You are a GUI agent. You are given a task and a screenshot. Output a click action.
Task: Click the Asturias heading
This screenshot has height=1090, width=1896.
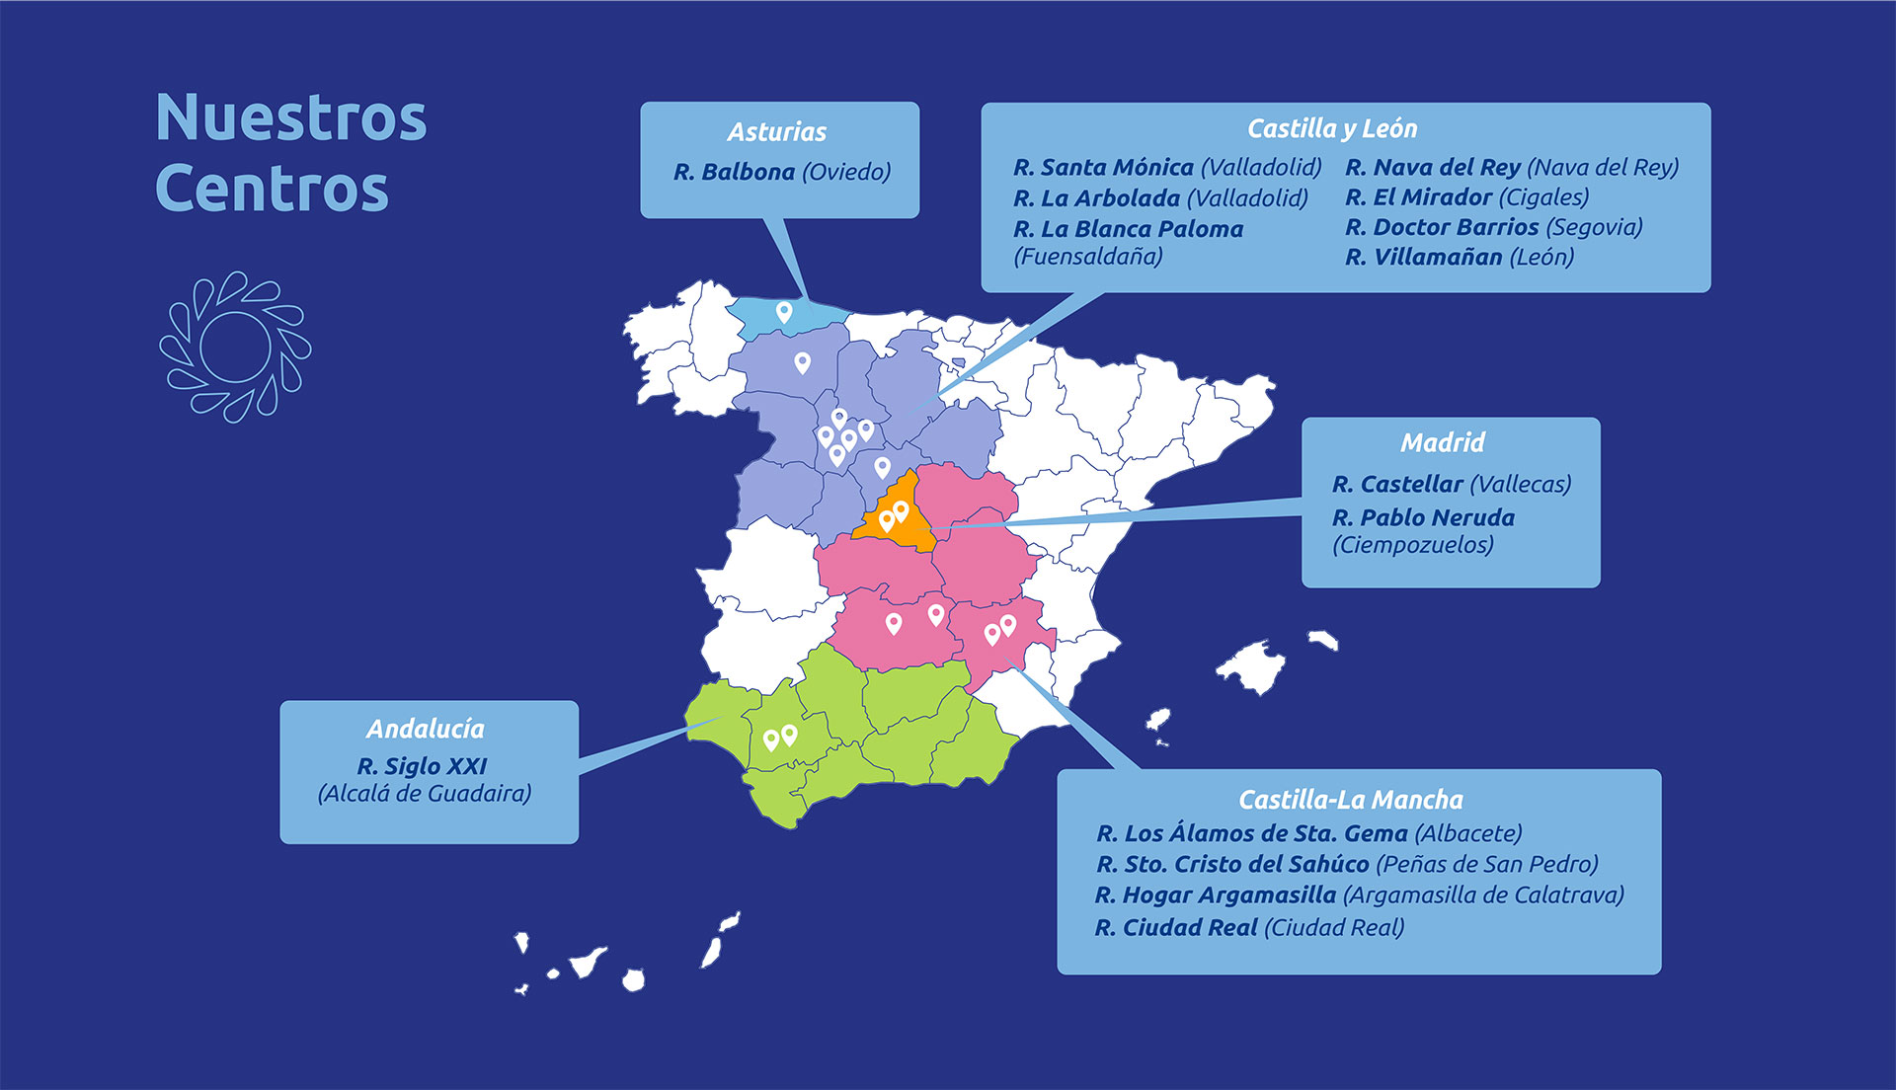[x=777, y=132]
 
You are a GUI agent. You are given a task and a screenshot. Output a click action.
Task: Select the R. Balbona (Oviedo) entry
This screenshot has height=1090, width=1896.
[x=781, y=173]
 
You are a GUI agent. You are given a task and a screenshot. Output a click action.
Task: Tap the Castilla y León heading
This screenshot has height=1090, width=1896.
[x=1331, y=129]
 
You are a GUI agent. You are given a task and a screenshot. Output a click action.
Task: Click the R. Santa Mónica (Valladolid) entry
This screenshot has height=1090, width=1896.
[x=1166, y=168]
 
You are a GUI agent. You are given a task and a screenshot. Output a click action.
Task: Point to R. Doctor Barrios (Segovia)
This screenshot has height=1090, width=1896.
[x=1493, y=227]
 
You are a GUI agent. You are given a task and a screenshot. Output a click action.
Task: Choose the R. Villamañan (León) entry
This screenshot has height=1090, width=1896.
[x=1459, y=258]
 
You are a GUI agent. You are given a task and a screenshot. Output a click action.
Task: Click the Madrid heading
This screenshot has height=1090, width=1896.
[x=1442, y=442]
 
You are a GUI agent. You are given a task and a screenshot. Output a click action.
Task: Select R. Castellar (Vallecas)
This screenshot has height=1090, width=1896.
[x=1451, y=485]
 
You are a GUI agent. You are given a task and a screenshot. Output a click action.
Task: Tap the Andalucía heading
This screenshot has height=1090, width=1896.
[x=426, y=730]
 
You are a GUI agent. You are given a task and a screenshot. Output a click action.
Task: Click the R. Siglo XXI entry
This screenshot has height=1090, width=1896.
[x=423, y=767]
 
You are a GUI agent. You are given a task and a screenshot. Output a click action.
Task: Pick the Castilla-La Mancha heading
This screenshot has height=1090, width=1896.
[x=1350, y=800]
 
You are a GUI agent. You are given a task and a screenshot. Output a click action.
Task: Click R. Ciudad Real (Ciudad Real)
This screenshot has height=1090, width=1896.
[x=1249, y=928]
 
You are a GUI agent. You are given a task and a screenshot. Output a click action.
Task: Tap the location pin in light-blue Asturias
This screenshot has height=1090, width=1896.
[x=784, y=312]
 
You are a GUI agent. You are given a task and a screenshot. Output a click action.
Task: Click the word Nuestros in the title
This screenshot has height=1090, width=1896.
[x=291, y=118]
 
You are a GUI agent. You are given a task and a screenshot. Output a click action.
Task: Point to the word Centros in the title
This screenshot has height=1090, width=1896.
[x=272, y=189]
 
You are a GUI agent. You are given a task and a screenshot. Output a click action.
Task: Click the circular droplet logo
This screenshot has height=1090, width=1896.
[x=235, y=347]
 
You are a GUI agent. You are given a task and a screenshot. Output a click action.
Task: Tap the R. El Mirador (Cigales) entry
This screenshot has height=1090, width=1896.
[x=1466, y=197]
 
